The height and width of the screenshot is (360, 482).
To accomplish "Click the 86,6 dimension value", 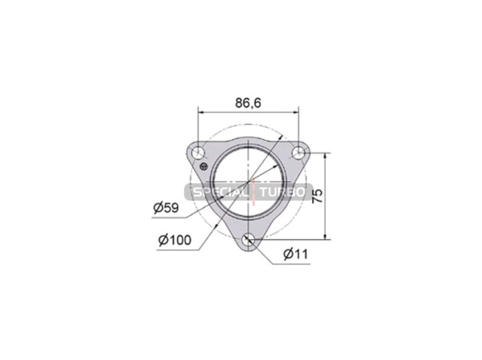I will click(248, 103).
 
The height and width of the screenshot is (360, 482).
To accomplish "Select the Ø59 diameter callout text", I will click(166, 208).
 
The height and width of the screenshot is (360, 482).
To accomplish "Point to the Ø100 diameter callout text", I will click(175, 241).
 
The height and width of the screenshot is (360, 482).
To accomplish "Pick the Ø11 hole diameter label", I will click(296, 255).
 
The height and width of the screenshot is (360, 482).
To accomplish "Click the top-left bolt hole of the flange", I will click(198, 154).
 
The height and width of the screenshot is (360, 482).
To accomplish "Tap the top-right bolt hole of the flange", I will click(298, 153).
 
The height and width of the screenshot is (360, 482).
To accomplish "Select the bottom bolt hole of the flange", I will click(248, 240).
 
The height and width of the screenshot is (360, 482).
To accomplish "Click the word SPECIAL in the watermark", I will click(221, 193).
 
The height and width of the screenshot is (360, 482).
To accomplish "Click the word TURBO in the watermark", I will click(283, 193).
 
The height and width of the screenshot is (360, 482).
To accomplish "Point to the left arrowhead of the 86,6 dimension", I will click(201, 111).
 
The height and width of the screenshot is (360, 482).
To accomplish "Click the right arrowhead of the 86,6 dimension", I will click(296, 111).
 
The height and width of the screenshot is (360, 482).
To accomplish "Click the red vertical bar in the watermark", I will click(254, 193).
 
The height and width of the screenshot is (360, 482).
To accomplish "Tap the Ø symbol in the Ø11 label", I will click(289, 255).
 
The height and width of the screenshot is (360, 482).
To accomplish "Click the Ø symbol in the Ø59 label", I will click(158, 208).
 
